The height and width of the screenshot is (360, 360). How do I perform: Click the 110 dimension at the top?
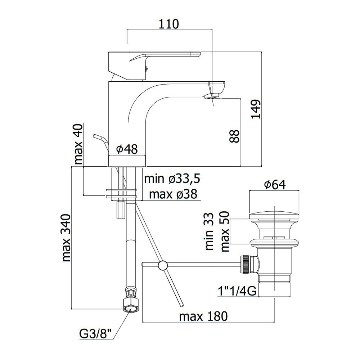pyautogui.click(x=169, y=24)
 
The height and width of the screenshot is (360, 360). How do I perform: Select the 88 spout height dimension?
pyautogui.click(x=235, y=136)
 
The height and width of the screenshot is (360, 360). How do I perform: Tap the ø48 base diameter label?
pyautogui.click(x=127, y=149)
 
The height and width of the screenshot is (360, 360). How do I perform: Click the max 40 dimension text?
pyautogui.click(x=78, y=144)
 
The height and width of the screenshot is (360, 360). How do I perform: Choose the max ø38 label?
pyautogui.click(x=173, y=194)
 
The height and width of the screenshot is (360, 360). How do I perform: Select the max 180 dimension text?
pyautogui.click(x=203, y=316)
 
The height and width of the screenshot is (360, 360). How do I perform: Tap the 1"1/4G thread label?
pyautogui.click(x=237, y=291)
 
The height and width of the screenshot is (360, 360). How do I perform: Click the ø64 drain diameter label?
pyautogui.click(x=275, y=185)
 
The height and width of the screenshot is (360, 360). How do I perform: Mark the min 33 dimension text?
pyautogui.click(x=210, y=231)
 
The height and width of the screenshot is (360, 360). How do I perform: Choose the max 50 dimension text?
pyautogui.click(x=225, y=231)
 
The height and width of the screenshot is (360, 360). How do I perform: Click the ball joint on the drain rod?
pyautogui.click(x=163, y=266)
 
